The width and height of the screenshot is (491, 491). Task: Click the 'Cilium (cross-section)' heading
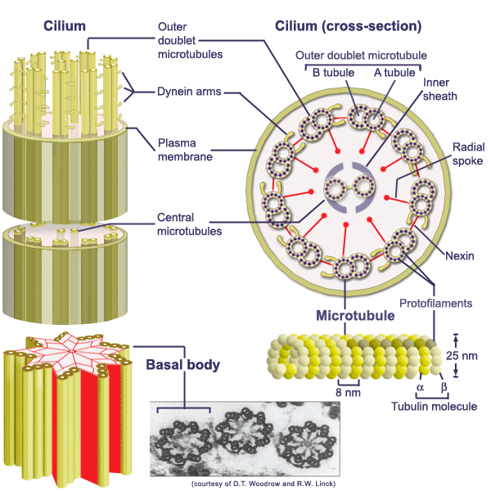point(360,26)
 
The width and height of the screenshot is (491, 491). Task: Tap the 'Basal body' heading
point(182,364)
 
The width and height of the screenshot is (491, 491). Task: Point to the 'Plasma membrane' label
point(187,148)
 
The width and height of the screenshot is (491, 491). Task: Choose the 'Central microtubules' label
point(190,224)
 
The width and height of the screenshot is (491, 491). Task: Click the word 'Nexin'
point(458,256)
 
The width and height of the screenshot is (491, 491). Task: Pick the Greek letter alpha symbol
point(421,387)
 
